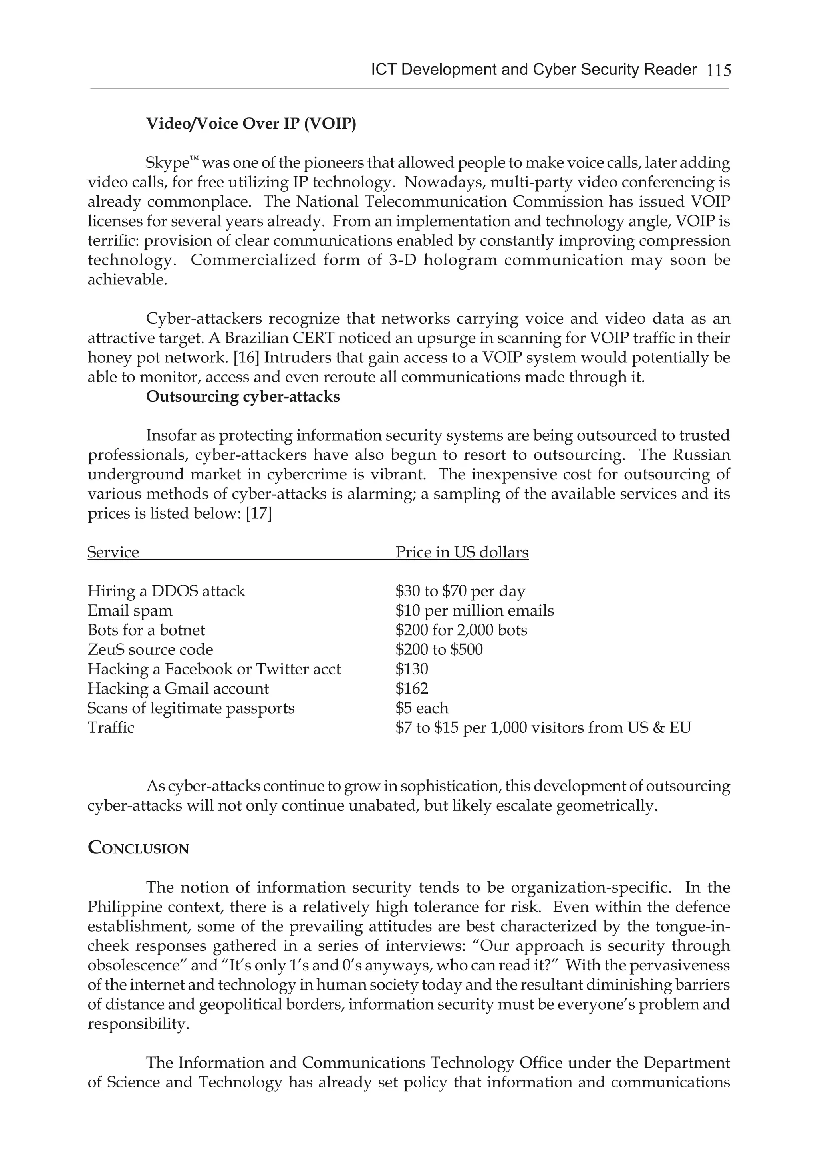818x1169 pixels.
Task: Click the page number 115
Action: coord(718,70)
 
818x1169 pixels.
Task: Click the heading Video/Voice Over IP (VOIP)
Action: coord(251,124)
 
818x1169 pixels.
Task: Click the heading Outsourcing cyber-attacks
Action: coord(243,397)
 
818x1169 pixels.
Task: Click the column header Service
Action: coord(113,553)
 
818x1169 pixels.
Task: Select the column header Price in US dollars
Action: coord(462,553)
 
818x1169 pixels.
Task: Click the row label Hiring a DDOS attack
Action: coord(166,591)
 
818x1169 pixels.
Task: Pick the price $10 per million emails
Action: coord(475,610)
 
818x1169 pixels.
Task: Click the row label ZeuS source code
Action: coord(150,650)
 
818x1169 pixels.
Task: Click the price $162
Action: coord(412,688)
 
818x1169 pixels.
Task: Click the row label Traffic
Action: coord(111,728)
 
